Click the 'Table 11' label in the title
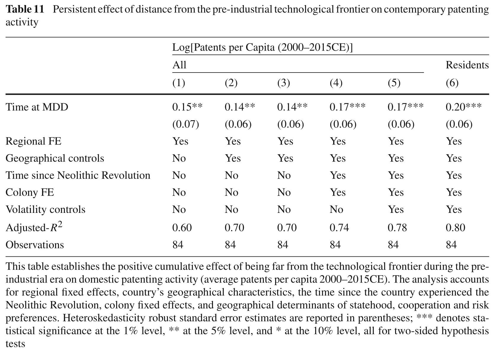point(25,9)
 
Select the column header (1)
point(179,83)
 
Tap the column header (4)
point(336,83)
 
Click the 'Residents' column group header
point(467,65)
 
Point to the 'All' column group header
point(179,65)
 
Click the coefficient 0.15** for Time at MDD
point(187,107)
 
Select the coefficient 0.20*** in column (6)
point(464,107)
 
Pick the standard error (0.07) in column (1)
point(185,124)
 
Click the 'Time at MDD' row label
point(37,107)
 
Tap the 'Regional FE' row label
point(33,141)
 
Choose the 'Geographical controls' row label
point(55,158)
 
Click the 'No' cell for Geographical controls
point(179,158)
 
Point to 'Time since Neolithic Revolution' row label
point(78,175)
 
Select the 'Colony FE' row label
point(30,192)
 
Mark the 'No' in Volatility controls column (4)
point(336,209)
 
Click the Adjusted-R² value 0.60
point(182,228)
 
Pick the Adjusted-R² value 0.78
point(397,228)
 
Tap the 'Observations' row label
point(35,245)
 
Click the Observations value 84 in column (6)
point(451,245)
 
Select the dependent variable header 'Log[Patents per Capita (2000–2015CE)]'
point(262,47)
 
